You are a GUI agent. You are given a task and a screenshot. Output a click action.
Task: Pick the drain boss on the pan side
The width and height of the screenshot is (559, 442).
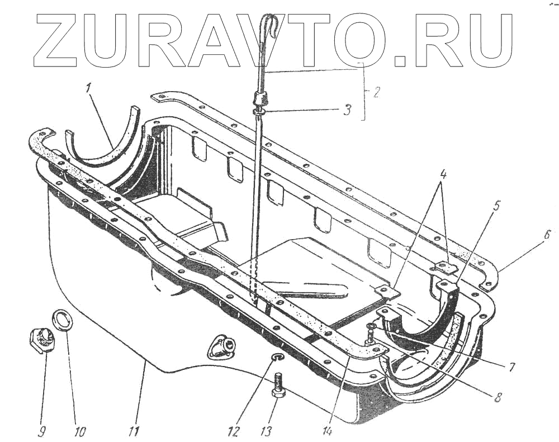(x=225, y=347)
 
